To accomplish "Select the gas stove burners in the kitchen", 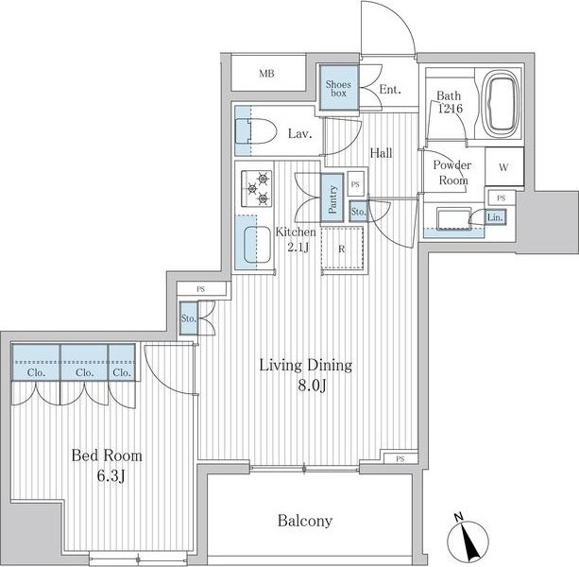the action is coord(257,188).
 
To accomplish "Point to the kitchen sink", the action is coord(257,246).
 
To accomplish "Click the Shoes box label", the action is coord(338,89).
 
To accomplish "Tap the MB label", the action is coord(266,74).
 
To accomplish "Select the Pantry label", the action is coord(332,199).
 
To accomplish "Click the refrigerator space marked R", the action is coord(342,249).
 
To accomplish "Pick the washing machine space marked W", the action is coord(504,167).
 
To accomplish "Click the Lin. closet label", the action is coord(495,217).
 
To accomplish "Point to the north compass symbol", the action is coord(468,539).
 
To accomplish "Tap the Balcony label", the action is coord(305,521).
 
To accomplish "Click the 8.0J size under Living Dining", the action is coord(312,386).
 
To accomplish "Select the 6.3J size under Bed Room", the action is coord(111,476).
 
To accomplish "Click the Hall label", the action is coord(381,152).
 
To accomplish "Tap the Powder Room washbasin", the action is coord(453,218).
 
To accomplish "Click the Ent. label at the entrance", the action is coord(390,90).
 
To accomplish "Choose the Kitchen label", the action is coord(296,232).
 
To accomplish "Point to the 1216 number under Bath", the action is coord(451,109).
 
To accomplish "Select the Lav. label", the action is coord(300,133).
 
